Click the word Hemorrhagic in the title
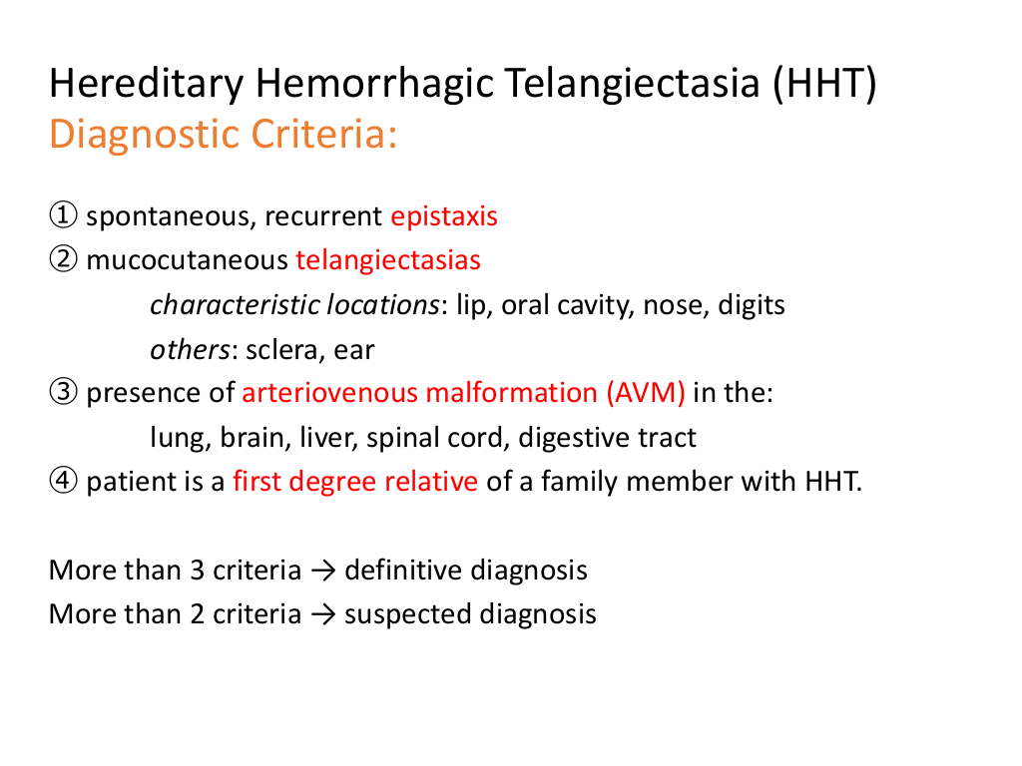374,84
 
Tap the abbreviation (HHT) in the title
825,84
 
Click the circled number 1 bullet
63,215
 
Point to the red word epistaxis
444,216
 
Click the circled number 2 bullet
63,259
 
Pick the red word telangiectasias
388,260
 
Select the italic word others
190,350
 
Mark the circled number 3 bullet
63,392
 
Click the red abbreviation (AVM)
646,393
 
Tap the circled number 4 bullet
63,481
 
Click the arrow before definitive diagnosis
323,571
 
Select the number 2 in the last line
197,614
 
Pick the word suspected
407,614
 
